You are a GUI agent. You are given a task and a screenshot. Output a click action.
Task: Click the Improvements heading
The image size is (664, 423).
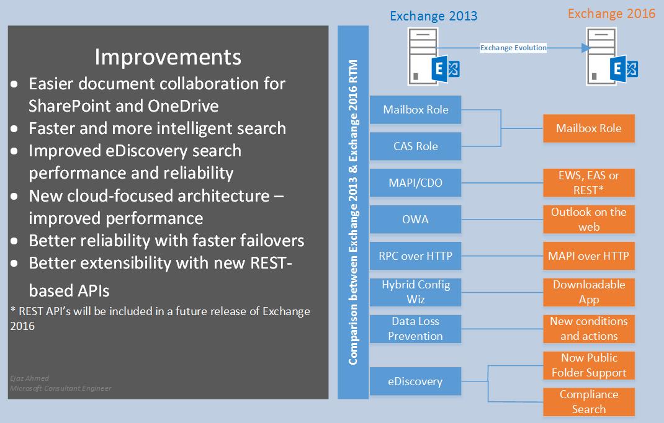168,57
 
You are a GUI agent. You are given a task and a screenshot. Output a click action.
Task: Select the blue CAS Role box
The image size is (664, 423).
416,146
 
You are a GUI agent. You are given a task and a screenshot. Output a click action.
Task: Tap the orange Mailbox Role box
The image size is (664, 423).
589,128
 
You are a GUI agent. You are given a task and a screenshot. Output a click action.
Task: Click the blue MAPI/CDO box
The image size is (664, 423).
416,183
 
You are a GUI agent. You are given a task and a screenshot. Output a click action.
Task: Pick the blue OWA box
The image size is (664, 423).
416,219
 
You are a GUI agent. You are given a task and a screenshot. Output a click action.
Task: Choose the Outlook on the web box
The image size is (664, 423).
589,219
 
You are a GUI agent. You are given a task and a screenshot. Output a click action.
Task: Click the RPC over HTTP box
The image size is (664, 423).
416,256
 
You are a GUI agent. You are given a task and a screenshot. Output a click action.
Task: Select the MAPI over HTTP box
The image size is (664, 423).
589,256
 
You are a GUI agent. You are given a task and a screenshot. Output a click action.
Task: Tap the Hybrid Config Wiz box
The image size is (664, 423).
416,292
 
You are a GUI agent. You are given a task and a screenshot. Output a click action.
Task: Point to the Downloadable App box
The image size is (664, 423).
589,292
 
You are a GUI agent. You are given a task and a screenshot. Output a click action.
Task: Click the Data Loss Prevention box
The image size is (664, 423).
416,329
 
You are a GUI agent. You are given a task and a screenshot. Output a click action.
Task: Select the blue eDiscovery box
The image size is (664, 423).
416,381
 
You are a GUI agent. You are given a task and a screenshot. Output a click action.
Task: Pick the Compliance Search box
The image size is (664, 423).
589,402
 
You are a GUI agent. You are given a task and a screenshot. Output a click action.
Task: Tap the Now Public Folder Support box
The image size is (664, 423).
589,365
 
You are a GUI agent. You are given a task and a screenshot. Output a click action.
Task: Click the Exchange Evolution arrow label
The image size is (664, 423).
513,48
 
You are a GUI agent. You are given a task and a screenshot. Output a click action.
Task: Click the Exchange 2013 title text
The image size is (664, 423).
434,16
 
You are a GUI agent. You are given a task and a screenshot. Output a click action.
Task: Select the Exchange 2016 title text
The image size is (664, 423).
611,13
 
